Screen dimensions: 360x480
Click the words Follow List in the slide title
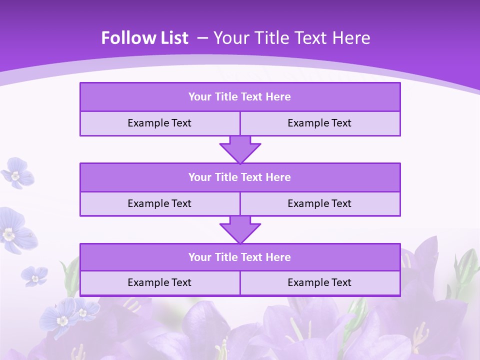pos(144,38)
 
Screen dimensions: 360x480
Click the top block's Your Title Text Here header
pos(239,97)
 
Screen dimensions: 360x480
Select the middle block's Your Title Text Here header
pos(239,177)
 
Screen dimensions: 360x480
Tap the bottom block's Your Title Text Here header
pos(239,257)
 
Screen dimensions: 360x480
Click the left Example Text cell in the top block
pos(159,123)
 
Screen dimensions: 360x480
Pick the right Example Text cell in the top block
pos(319,123)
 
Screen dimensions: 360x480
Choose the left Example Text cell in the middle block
pos(159,203)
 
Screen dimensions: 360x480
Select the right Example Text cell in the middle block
pos(319,203)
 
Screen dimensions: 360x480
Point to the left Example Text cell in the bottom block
pos(159,282)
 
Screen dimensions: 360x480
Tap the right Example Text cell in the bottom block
pos(319,282)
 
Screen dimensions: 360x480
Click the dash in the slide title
pos(202,38)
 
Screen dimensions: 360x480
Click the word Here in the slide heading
pos(352,38)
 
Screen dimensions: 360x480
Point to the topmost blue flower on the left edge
pos(17,172)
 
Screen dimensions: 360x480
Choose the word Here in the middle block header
pos(278,177)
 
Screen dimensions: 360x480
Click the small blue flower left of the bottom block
pos(34,275)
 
